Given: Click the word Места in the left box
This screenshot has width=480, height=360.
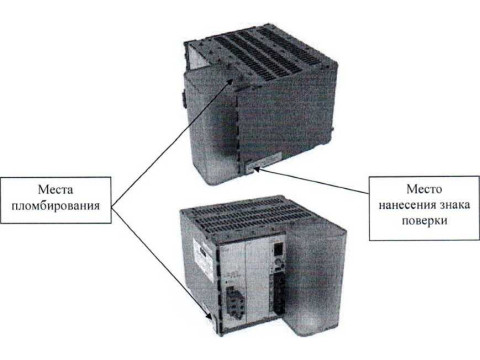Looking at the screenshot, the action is point(55,190).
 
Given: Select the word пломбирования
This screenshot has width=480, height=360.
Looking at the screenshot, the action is point(55,205).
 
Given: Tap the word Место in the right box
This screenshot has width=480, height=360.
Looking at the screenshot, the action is point(424,189).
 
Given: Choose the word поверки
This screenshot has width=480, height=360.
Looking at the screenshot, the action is point(424,220).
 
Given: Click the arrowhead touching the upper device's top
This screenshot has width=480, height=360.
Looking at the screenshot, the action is point(229,81).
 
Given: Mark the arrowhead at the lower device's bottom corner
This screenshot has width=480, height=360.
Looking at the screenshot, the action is point(208,317).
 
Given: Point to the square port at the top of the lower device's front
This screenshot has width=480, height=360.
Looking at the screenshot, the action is point(278,247).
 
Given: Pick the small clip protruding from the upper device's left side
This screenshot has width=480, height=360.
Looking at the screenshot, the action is point(183,98).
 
